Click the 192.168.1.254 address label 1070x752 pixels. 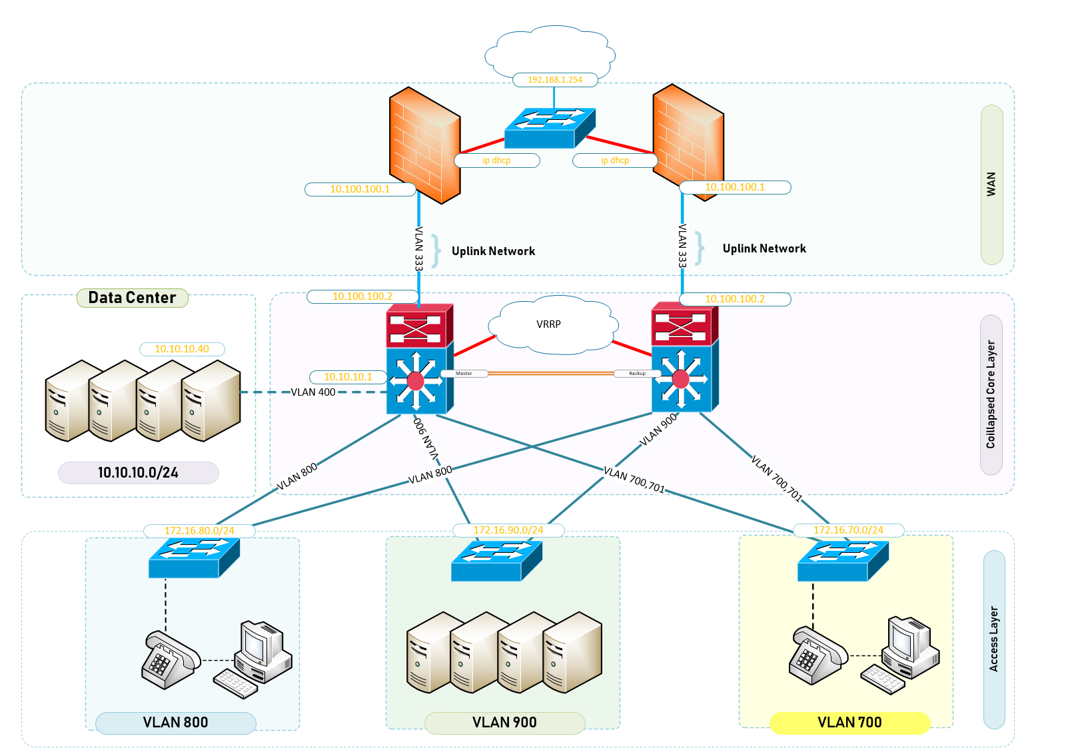pos(555,80)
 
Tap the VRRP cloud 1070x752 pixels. pos(549,324)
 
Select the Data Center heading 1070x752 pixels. pos(133,298)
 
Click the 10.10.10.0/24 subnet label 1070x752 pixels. pos(138,473)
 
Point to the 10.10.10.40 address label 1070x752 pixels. pos(182,349)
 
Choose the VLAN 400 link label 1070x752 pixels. pos(313,392)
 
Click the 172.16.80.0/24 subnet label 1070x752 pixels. pos(199,531)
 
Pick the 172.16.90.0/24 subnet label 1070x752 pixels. pos(508,530)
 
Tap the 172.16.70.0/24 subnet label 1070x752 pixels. pos(848,530)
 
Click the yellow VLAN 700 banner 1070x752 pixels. pos(849,723)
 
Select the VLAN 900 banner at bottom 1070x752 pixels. pos(504,723)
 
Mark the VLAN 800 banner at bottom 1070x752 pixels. pos(175,723)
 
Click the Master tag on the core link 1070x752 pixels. pos(464,374)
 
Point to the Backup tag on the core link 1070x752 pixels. pos(637,374)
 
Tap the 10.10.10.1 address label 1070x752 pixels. pos(348,377)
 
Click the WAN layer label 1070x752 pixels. pos(991,184)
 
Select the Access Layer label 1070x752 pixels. pos(994,639)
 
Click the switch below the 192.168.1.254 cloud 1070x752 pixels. pos(548,128)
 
